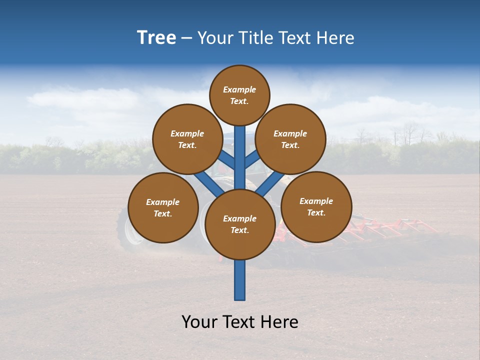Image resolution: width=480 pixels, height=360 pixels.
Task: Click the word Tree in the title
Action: click(156, 38)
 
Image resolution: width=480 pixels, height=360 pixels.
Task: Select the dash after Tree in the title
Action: click(186, 38)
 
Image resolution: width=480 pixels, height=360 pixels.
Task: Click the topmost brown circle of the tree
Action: click(239, 95)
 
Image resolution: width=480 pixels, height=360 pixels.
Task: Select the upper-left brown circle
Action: click(187, 139)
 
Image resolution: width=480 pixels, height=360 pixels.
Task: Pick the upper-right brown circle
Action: click(290, 139)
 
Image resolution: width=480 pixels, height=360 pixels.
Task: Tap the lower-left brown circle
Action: click(163, 207)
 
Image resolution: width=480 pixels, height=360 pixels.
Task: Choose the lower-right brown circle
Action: click(316, 206)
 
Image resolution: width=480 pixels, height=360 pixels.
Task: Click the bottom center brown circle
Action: click(240, 224)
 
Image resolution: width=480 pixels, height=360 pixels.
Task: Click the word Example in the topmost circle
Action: click(239, 89)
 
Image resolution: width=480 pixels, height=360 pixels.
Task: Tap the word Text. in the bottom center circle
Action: click(239, 230)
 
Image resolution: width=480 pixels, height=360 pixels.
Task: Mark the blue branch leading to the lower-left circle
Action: click(208, 183)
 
